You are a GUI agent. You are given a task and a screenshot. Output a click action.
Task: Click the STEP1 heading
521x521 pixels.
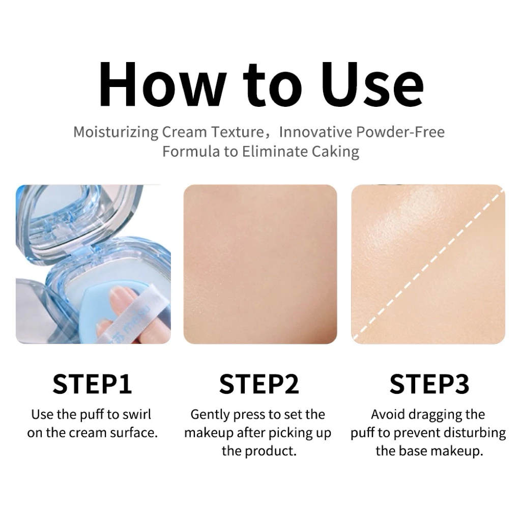pyautogui.click(x=92, y=385)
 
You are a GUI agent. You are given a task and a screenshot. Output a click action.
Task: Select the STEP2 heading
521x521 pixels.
pyautogui.click(x=259, y=385)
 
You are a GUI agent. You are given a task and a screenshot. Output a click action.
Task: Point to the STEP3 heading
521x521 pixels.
pyautogui.click(x=429, y=385)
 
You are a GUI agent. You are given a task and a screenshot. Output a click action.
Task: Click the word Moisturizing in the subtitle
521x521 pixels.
pyautogui.click(x=116, y=132)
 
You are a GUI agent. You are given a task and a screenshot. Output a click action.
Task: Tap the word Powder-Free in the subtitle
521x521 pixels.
pyautogui.click(x=400, y=132)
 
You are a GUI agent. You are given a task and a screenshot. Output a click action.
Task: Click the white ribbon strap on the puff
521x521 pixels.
pyautogui.click(x=130, y=315)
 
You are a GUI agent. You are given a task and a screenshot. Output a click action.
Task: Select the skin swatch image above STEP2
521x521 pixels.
pyautogui.click(x=260, y=264)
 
